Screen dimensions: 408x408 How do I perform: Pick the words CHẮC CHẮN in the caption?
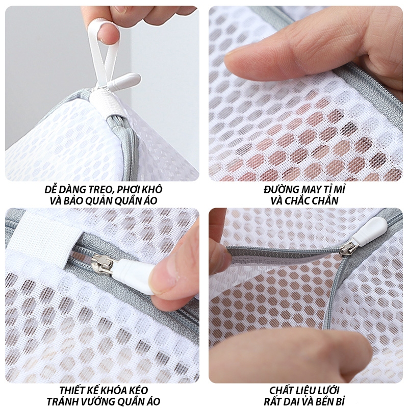click(315, 200)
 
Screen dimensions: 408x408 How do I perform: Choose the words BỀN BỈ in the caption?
click(331, 401)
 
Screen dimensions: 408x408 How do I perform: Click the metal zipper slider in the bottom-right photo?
click(347, 247)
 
